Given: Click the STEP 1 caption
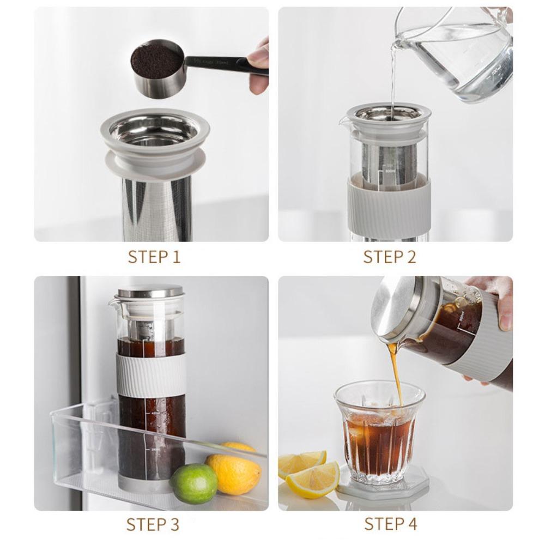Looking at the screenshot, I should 154,257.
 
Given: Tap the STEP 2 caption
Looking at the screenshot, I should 389,257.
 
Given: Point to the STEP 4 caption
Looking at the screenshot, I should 390,524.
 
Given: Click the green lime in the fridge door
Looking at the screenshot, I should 193,483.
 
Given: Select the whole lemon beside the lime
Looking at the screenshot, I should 233,472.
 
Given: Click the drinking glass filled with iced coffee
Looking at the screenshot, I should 379,431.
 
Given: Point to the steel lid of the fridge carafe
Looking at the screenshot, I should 143,291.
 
